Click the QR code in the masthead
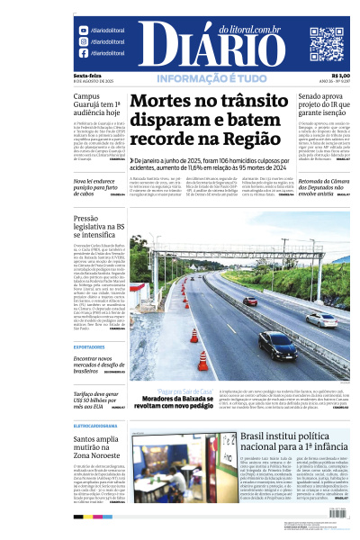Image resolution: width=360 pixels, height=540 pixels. pos(326,42)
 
